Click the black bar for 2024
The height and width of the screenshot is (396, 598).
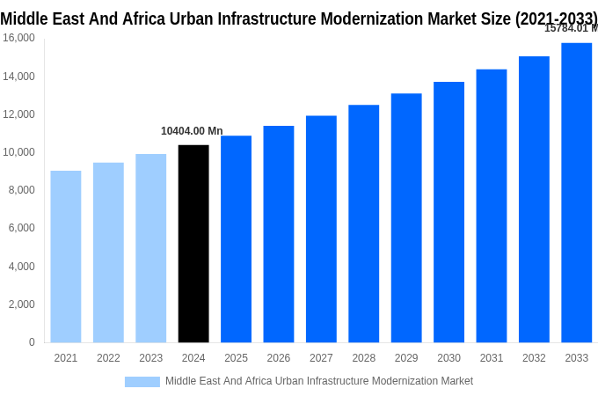(193, 244)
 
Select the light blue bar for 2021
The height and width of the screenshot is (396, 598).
(66, 256)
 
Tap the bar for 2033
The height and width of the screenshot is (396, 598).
(576, 193)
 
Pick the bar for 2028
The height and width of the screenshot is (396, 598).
(363, 224)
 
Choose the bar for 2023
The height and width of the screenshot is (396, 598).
(150, 248)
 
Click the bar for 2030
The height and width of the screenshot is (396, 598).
(448, 212)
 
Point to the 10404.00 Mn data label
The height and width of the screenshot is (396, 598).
(192, 131)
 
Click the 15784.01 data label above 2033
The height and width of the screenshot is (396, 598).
(570, 28)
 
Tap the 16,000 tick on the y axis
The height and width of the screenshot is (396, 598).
(19, 38)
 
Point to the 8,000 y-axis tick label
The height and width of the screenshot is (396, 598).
(21, 190)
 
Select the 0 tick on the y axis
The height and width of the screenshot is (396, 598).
(32, 342)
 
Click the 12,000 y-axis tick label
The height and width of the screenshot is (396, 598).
(19, 114)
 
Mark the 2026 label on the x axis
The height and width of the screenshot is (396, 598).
(278, 358)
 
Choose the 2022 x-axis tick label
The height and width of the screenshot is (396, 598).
(108, 358)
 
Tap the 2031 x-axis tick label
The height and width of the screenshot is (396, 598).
(491, 358)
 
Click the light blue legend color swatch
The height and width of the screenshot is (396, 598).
(142, 381)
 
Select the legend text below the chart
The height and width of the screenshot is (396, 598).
(319, 381)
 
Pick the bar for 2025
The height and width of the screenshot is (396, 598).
(236, 238)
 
